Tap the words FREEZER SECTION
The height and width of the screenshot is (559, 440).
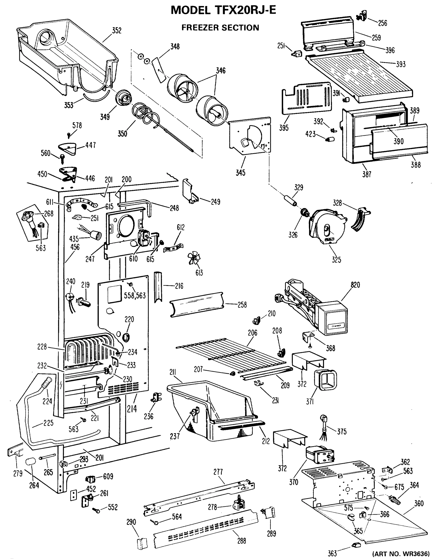(x=220, y=28)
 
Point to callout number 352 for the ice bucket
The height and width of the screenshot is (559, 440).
(x=116, y=31)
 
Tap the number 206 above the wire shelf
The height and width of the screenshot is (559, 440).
(x=252, y=333)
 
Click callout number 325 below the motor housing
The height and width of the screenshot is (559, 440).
(x=336, y=260)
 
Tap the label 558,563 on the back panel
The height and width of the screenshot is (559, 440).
(x=135, y=296)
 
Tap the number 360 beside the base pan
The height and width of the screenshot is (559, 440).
(x=419, y=503)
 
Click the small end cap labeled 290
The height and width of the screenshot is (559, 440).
(x=142, y=542)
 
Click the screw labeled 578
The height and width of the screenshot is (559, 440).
(x=69, y=134)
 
